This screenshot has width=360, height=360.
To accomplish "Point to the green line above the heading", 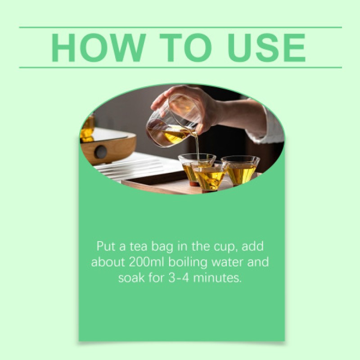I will [x=180, y=27].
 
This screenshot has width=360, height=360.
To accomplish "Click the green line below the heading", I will [x=180, y=67].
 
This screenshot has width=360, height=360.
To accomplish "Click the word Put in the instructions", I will [x=106, y=246].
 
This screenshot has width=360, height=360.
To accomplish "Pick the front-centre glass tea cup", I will [x=209, y=176].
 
